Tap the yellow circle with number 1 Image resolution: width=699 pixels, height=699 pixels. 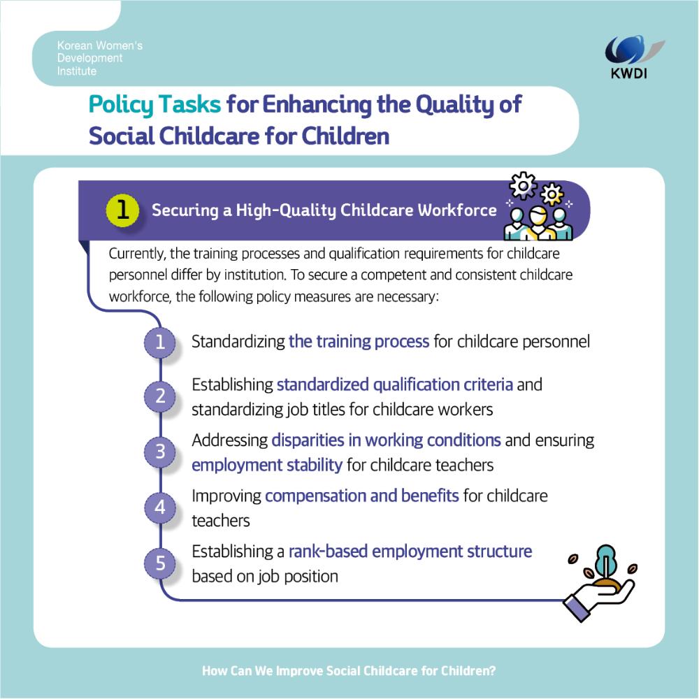click(x=122, y=210)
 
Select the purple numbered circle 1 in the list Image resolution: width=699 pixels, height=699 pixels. click(x=159, y=342)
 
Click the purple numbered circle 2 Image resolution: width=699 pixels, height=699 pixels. click(x=159, y=396)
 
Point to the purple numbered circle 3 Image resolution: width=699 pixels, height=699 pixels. click(x=159, y=452)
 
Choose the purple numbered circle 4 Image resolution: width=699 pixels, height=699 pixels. click(x=159, y=507)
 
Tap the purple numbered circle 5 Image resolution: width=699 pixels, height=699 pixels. click(x=159, y=563)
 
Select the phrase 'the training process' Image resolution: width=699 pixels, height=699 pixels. click(x=359, y=342)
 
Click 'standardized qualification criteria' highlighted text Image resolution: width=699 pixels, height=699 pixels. click(x=395, y=384)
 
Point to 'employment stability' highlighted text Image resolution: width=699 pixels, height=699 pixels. click(x=267, y=465)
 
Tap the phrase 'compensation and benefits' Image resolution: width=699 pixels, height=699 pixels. click(x=362, y=496)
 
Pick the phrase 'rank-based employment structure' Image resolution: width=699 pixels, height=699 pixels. click(x=410, y=552)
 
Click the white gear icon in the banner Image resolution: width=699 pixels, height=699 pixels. click(x=523, y=185)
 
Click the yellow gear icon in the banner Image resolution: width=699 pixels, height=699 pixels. click(x=552, y=194)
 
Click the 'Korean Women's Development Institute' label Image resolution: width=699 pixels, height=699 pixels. click(x=99, y=58)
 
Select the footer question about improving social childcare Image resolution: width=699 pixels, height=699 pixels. click(x=349, y=670)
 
